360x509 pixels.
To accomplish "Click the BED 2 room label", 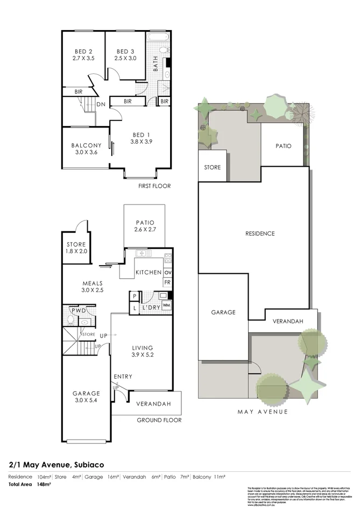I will (83, 51).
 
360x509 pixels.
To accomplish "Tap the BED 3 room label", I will (125, 51).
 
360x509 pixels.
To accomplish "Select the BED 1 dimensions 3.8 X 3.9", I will (141, 142).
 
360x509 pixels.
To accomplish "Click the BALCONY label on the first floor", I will (86, 145).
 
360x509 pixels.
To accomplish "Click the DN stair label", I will (101, 104).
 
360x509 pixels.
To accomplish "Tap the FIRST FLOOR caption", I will (154, 186).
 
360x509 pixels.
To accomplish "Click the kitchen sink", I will (143, 253).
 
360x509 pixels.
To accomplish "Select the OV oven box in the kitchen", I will (167, 273).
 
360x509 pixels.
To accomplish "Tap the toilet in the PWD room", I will (70, 320).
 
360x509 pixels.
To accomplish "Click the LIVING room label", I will (142, 348).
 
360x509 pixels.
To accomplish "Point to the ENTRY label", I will (123, 377).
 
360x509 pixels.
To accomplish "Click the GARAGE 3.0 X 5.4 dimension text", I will (86, 400).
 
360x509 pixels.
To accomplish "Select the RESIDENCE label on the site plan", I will (260, 234).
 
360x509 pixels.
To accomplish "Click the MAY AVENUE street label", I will (263, 412).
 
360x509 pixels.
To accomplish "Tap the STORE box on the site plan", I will (212, 167).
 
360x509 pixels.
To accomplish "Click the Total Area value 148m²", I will (44, 484).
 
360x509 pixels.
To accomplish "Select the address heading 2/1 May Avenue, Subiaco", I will (56, 464).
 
